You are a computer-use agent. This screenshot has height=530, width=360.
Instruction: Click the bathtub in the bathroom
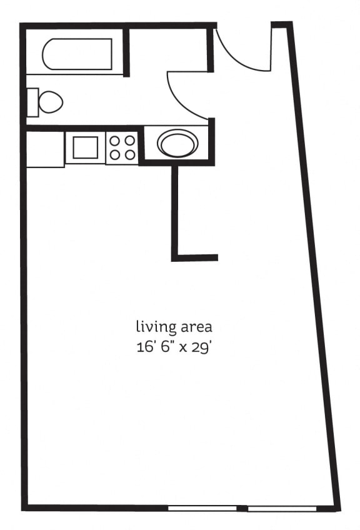pyautogui.click(x=77, y=54)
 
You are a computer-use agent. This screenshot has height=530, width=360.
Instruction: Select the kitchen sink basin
pyautogui.click(x=86, y=147)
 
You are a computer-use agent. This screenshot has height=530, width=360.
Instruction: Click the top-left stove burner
pyautogui.click(x=115, y=141)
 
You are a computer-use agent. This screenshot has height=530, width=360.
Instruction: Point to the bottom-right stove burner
pyautogui.click(x=130, y=154)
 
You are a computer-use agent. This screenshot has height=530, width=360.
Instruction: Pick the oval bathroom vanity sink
pyautogui.click(x=177, y=143)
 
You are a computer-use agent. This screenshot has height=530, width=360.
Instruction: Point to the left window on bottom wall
pyautogui.click(x=202, y=508)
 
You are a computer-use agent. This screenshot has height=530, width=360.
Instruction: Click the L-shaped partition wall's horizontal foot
pyautogui.click(x=195, y=257)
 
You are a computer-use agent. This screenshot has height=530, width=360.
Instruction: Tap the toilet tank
pyautogui.click(x=32, y=102)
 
